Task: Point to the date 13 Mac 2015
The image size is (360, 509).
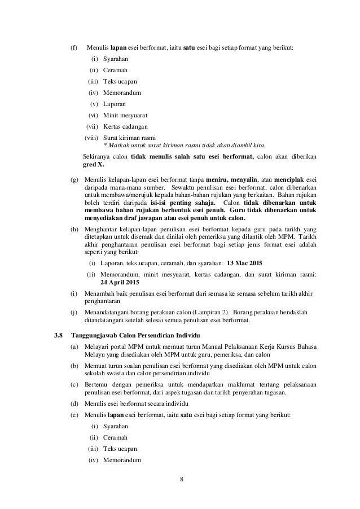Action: [x=244, y=263]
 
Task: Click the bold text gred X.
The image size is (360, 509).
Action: [x=93, y=164]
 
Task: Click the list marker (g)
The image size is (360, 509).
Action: [x=74, y=179]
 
